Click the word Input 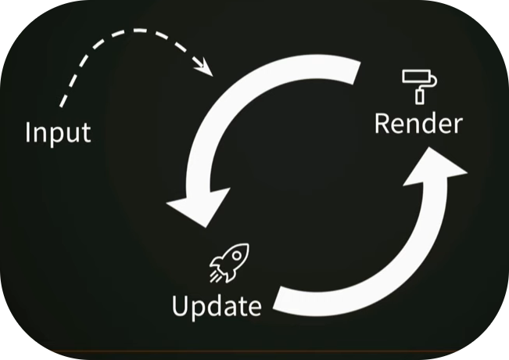click(58, 131)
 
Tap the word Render click(418, 123)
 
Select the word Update click(217, 305)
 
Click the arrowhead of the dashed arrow click(207, 69)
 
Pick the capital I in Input click(29, 131)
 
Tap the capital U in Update click(181, 304)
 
